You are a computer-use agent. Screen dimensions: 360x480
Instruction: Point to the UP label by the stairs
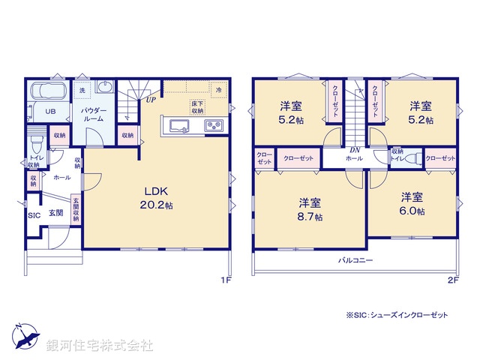[x=151, y=99]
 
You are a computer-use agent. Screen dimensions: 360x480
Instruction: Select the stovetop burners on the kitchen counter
[x=214, y=124]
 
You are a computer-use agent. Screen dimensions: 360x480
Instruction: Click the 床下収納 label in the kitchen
[x=198, y=106]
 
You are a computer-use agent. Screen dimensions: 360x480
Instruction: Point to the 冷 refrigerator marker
[x=219, y=89]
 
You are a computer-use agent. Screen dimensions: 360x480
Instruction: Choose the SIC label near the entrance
[x=34, y=215]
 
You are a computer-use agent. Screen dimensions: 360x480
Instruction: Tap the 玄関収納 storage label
[x=76, y=208]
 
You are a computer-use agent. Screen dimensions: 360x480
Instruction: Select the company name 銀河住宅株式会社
[x=100, y=346]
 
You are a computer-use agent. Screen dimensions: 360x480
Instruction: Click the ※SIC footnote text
[x=397, y=316]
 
